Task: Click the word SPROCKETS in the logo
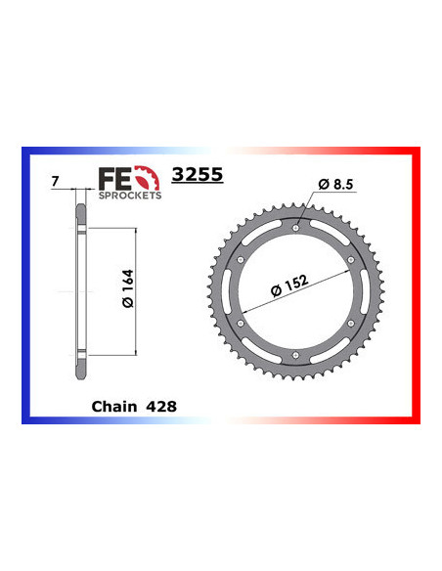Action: click(x=128, y=195)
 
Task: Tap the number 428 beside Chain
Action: click(x=157, y=405)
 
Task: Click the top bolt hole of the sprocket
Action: click(x=295, y=228)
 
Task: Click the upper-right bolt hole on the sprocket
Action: click(x=350, y=259)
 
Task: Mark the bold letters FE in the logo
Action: click(x=113, y=178)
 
